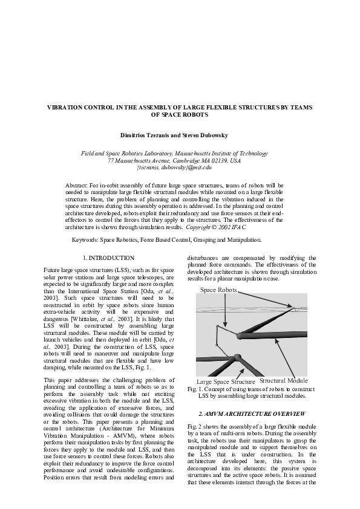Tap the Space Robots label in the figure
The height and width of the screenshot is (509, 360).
(x=218, y=291)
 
